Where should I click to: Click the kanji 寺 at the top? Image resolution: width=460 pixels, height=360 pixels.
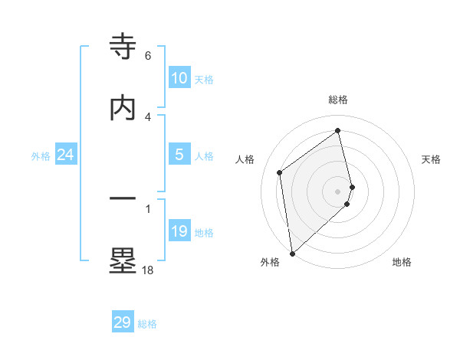pos(123,46)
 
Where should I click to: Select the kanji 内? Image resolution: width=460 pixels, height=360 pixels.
pos(123,108)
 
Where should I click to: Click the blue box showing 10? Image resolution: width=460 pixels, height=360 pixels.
pos(179,78)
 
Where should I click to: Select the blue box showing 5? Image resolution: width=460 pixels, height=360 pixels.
pos(179,155)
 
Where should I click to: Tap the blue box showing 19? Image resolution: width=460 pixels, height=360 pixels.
pos(179,231)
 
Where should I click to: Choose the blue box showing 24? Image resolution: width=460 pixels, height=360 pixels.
pos(66,155)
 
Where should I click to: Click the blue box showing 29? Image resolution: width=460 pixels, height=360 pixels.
pos(123,322)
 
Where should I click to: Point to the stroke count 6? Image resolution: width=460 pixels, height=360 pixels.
pos(148,56)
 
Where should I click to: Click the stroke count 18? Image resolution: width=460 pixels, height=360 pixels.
pos(147,270)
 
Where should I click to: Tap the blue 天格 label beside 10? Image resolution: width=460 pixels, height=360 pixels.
pos(204,80)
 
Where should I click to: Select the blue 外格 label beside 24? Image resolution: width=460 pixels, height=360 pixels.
pos(41,156)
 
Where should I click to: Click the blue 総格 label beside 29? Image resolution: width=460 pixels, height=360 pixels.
pos(147,324)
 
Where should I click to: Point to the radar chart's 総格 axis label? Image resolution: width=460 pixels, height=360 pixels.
pos(338,100)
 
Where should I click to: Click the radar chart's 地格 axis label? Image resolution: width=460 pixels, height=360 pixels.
pos(402,262)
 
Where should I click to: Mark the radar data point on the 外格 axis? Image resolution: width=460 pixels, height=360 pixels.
pos(292,253)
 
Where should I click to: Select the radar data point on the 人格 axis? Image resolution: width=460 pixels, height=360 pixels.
pos(280,172)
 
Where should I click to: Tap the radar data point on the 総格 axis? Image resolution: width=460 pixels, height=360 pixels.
pos(338,131)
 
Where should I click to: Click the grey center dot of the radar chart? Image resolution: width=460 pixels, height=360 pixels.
pos(338,190)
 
